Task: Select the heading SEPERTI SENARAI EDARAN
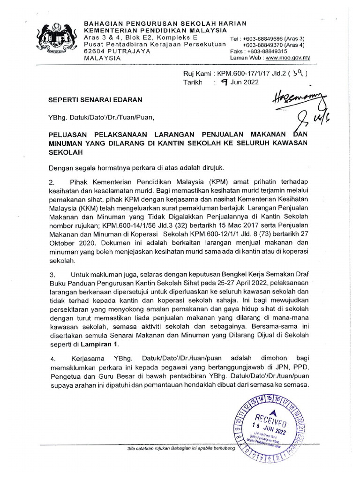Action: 95,100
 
